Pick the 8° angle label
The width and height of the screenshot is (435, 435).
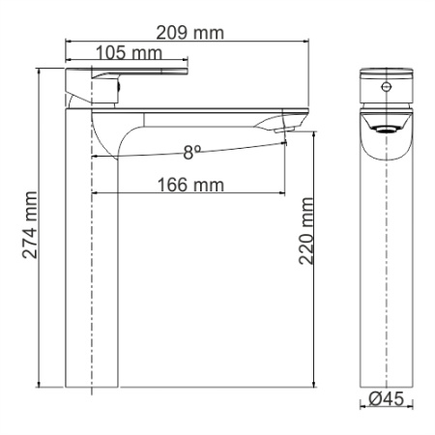[x=192, y=151]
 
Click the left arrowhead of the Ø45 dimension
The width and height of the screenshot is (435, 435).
[x=362, y=406]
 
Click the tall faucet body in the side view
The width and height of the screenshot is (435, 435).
[x=90, y=261]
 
